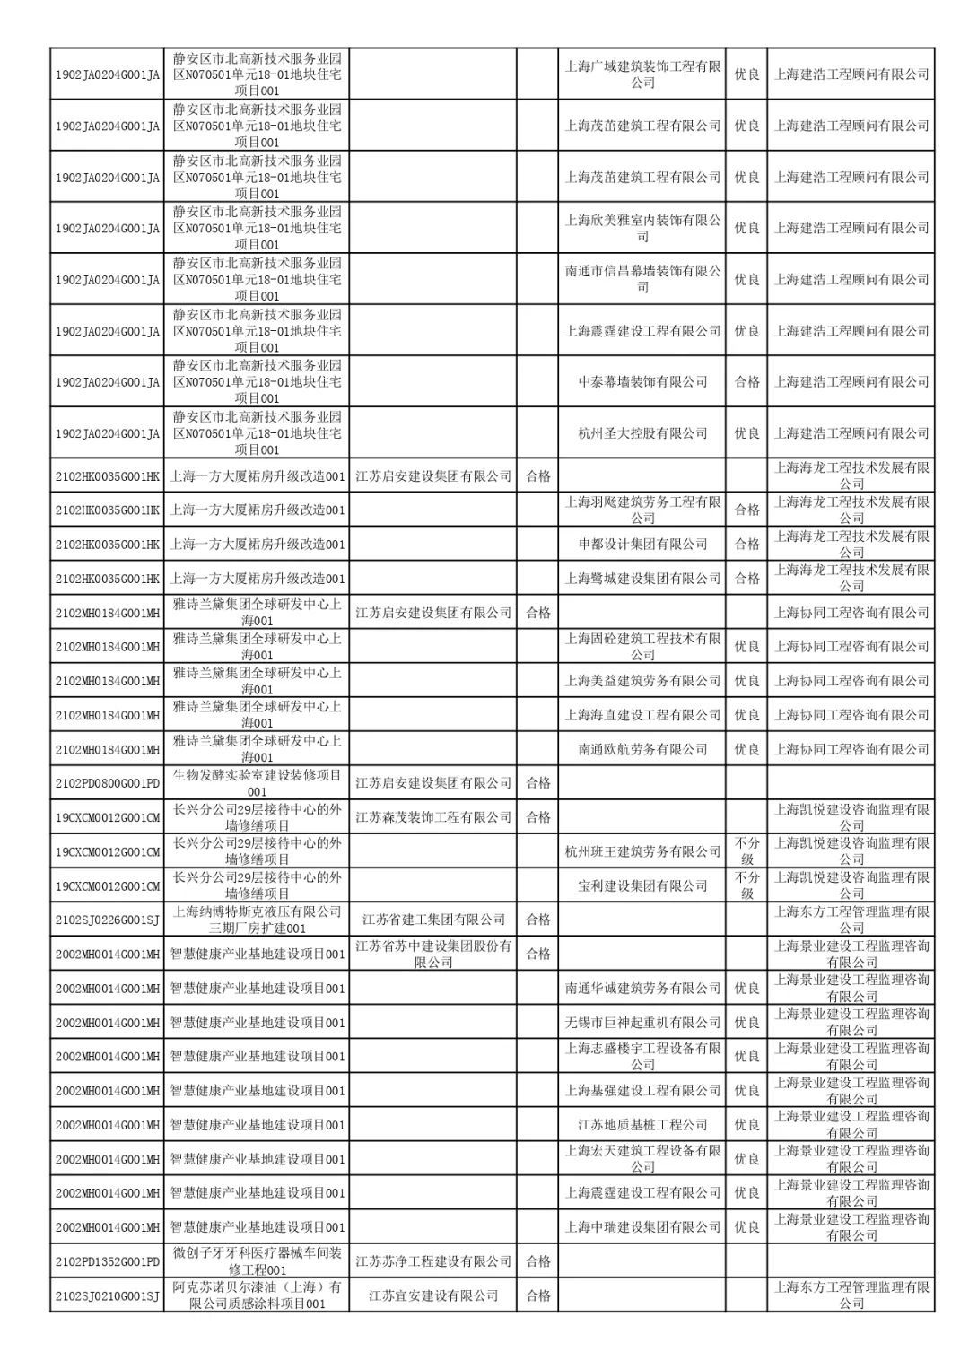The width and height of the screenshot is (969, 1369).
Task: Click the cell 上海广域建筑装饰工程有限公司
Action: (x=642, y=74)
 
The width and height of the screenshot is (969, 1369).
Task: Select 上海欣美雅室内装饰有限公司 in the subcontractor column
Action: (x=642, y=228)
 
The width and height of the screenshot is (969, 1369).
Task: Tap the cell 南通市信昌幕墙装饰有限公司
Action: (x=642, y=279)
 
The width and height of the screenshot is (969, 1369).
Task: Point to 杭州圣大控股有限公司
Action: (x=642, y=433)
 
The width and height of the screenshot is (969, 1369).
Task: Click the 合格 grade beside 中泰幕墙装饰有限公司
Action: (x=746, y=382)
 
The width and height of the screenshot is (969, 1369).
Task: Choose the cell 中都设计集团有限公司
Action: (x=642, y=545)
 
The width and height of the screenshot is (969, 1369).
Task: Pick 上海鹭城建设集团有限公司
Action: (x=642, y=579)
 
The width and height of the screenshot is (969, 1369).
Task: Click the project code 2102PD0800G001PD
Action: (x=108, y=783)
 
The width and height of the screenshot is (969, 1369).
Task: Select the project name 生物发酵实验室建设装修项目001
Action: (x=257, y=783)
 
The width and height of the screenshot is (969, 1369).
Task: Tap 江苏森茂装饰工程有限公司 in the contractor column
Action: (x=433, y=817)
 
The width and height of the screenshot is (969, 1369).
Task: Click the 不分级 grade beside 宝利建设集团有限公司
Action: (x=746, y=885)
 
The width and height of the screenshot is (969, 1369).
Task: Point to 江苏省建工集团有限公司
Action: (x=433, y=920)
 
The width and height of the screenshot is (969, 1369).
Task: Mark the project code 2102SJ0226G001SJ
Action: (x=108, y=920)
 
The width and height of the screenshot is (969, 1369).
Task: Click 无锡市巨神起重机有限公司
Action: (x=642, y=1023)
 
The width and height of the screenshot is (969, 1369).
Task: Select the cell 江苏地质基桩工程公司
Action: (x=642, y=1125)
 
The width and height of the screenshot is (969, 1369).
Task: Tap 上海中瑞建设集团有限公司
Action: (x=642, y=1227)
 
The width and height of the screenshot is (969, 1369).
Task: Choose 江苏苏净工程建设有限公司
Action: (x=433, y=1261)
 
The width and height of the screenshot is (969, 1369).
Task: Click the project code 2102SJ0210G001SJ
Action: (x=108, y=1295)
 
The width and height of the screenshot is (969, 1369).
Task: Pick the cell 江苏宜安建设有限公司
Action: (x=433, y=1295)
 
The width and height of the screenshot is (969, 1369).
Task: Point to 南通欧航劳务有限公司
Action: (x=642, y=749)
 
